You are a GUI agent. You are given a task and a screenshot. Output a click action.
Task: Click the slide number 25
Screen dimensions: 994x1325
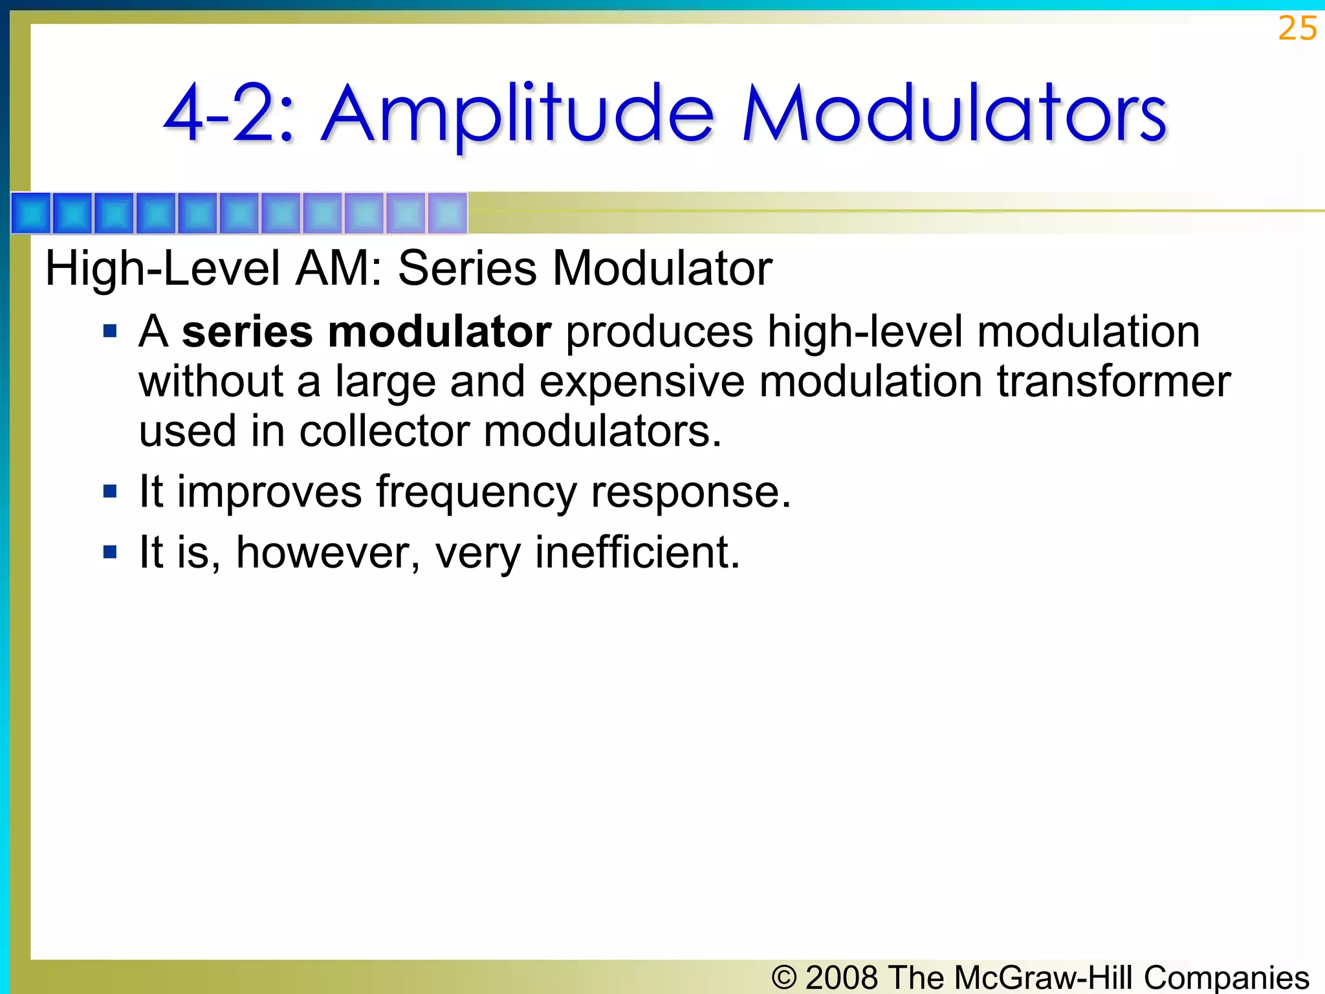pos(1297,29)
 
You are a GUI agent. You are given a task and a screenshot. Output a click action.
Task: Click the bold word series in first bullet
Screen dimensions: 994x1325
pos(247,332)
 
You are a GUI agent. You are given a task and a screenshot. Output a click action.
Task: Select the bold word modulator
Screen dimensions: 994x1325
pos(439,332)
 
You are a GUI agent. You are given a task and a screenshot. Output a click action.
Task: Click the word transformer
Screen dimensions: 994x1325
pos(1113,382)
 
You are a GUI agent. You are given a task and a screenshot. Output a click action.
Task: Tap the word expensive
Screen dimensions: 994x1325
pos(641,382)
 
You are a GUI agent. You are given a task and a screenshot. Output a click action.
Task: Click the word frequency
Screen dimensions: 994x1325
pos(476,493)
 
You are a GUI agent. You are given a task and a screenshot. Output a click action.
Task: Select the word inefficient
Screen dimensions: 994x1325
pos(637,553)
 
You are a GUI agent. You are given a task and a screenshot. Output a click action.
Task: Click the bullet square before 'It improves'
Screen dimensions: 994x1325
pos(110,492)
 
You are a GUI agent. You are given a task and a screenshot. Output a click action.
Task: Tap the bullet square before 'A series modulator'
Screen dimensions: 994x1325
pos(110,332)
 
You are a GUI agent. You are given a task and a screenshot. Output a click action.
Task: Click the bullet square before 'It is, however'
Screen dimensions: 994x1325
pos(110,553)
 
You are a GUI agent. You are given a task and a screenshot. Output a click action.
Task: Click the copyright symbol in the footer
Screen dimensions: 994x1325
pos(784,977)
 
